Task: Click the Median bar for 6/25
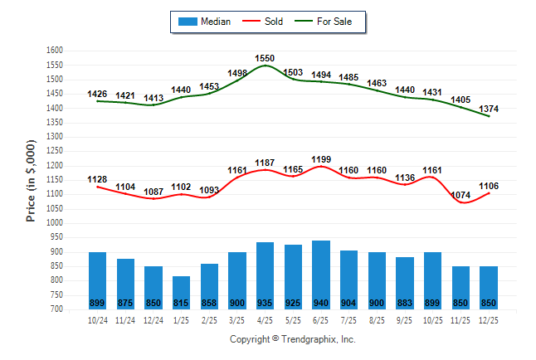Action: (321, 275)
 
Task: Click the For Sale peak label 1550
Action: (265, 59)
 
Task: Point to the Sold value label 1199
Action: (321, 158)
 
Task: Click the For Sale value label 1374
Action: (489, 109)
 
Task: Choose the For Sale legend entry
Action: (330, 22)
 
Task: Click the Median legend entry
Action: (206, 22)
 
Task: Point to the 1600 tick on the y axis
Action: (55, 51)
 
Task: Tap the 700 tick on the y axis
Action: (57, 309)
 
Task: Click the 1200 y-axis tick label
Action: (55, 166)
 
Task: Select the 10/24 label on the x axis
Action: (97, 319)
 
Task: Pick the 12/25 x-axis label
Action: (489, 319)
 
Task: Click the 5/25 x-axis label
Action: (293, 319)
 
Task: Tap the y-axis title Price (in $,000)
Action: (31, 180)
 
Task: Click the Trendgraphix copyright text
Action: (292, 340)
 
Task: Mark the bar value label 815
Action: (182, 302)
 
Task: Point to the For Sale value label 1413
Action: (153, 98)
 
